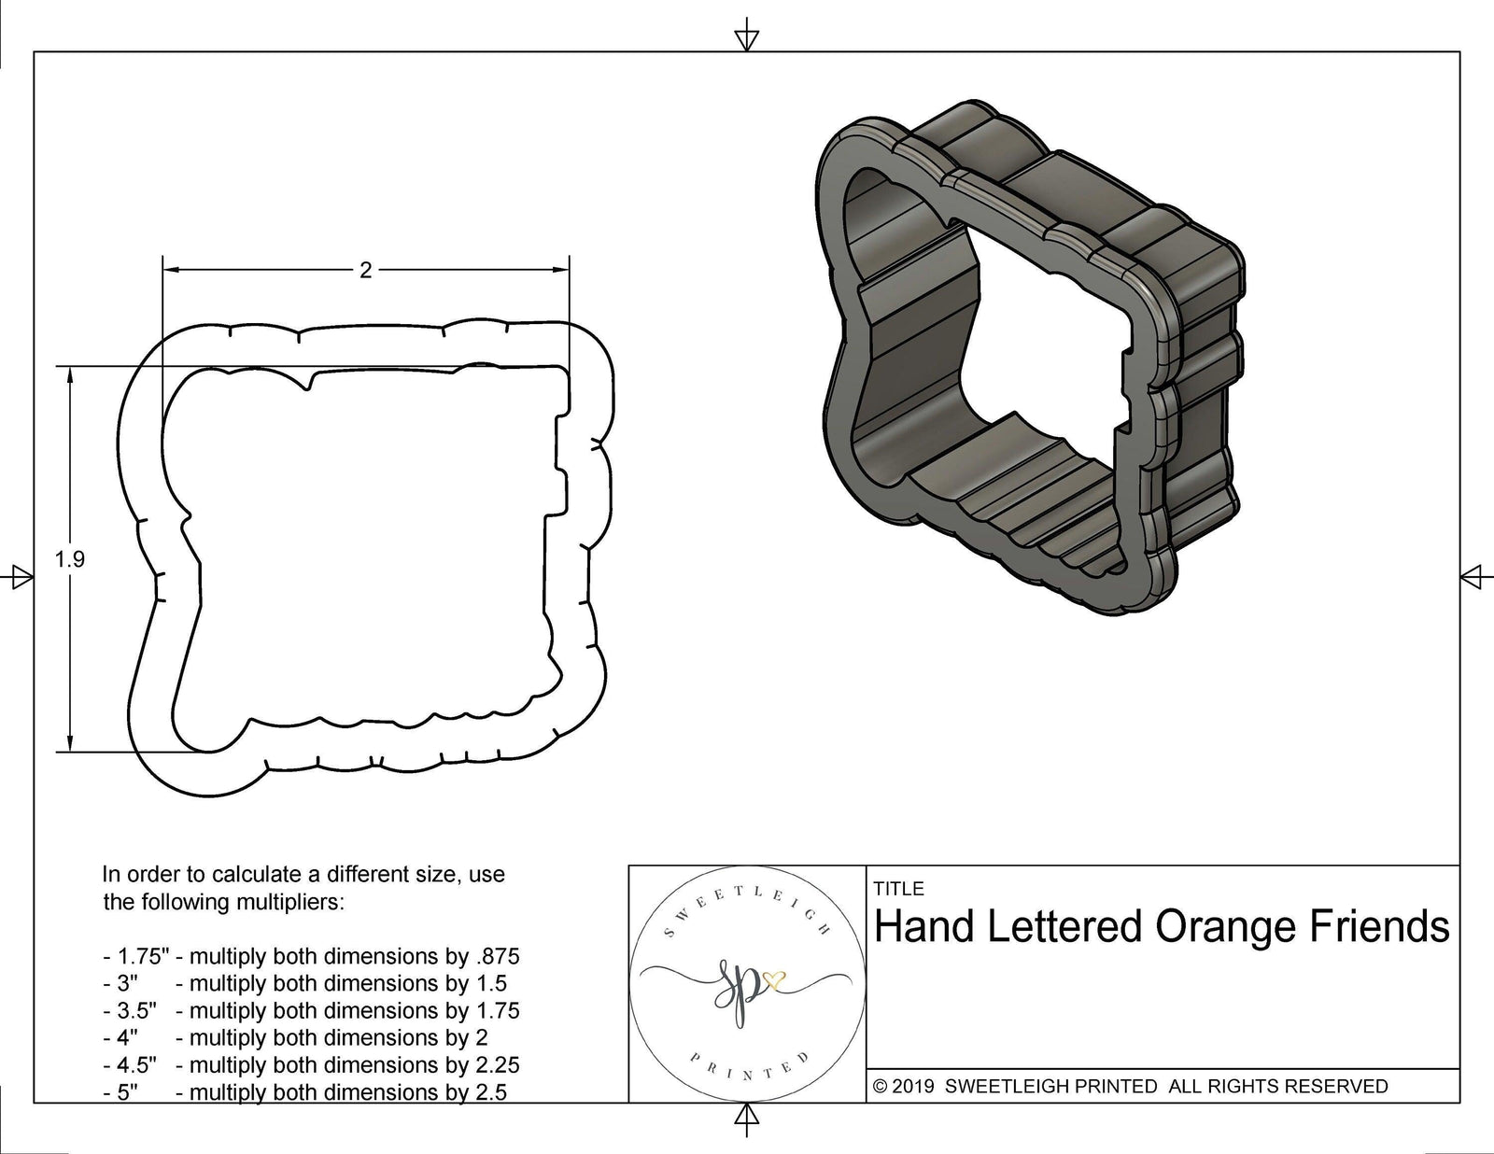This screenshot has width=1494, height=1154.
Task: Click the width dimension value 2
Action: pyautogui.click(x=365, y=271)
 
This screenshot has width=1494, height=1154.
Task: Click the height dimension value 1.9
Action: pyautogui.click(x=70, y=559)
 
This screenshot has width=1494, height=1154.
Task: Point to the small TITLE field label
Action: pyautogui.click(x=898, y=889)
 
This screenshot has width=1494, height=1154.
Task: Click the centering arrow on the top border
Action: pyautogui.click(x=746, y=39)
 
